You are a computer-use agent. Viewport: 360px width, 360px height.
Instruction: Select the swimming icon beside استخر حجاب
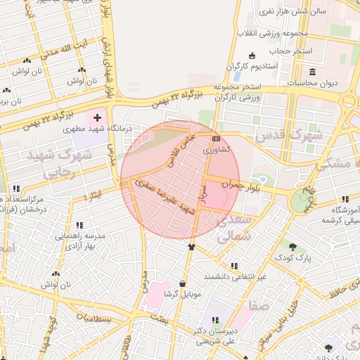252,56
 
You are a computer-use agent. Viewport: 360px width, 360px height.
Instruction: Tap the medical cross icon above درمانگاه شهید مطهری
97,116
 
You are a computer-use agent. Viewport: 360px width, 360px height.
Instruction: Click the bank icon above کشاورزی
216,139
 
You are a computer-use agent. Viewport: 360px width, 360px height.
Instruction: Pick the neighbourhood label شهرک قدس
289,134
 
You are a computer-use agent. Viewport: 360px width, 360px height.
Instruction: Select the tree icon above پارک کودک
292,245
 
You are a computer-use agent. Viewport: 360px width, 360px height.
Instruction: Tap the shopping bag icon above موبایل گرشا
183,283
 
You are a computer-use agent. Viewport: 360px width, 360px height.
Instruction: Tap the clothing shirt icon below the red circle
191,247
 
